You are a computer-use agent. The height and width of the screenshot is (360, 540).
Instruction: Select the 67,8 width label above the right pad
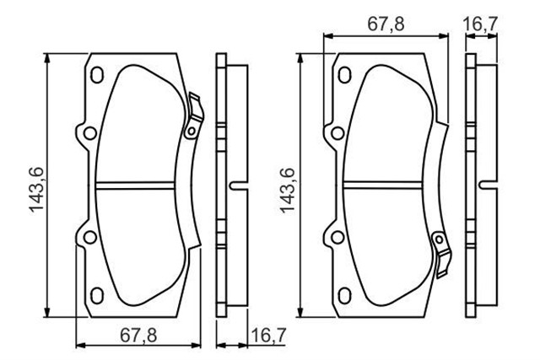(x=386, y=24)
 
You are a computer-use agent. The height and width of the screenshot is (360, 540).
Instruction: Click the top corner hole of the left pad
(x=95, y=75)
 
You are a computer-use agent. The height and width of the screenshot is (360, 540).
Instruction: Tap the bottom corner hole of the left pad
(x=95, y=295)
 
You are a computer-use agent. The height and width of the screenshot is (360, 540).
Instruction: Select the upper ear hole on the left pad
(x=87, y=132)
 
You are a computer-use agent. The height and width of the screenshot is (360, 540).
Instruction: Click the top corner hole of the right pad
(x=344, y=75)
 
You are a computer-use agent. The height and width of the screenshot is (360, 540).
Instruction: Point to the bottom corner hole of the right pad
(x=344, y=295)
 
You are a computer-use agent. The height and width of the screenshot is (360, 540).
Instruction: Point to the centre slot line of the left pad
(x=140, y=185)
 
